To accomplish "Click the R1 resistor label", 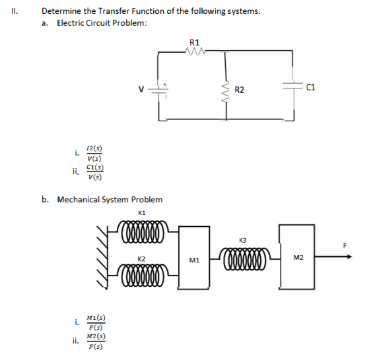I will click(x=193, y=43).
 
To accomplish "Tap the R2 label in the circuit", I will click(x=240, y=89).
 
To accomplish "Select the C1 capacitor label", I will click(x=312, y=86).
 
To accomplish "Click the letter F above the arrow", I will click(x=343, y=245).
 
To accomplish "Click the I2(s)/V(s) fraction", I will click(x=94, y=153).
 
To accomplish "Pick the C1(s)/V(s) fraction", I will click(x=94, y=172).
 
